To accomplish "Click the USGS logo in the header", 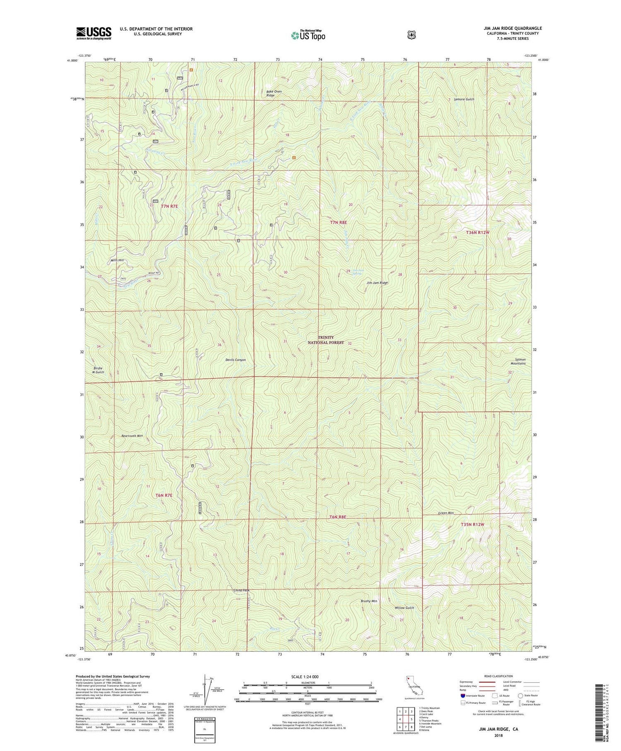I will [94, 33].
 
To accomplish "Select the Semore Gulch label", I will [464, 99].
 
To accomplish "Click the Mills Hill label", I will [117, 260].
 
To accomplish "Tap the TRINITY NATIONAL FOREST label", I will [326, 340].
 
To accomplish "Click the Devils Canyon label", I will [234, 360].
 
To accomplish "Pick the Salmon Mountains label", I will [517, 362].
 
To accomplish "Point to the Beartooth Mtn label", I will [132, 436].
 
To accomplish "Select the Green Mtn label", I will [446, 513].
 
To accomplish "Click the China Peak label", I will [241, 590].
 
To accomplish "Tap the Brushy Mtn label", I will [368, 601].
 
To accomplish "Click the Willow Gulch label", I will [404, 608].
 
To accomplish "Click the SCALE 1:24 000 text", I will [305, 677].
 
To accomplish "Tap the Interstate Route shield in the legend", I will [463, 696].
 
